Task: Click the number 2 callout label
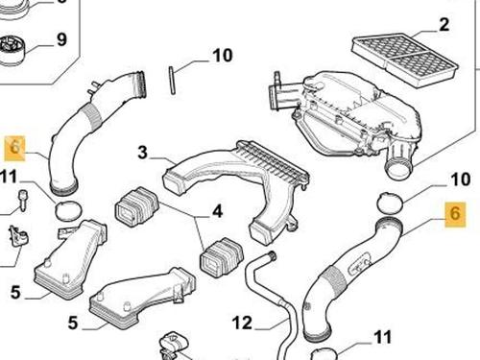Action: coord(444,25)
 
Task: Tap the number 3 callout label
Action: coord(143,153)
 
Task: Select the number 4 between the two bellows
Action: coord(217,211)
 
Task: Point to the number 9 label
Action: coord(61,39)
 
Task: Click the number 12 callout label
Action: coord(242,323)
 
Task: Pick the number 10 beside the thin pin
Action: coord(223,56)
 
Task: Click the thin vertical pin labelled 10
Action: coord(172,81)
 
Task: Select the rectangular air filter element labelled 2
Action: coord(404,60)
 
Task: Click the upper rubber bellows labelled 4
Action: coord(136,206)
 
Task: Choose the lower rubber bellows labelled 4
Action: coord(222,257)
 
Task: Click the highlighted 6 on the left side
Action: coord(14,148)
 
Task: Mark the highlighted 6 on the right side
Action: coord(455,214)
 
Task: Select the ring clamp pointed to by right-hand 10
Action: coord(390,204)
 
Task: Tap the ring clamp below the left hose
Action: coord(68,210)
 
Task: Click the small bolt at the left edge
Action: coord(23,200)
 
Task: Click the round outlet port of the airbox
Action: coord(399,169)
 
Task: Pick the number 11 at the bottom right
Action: coord(382,337)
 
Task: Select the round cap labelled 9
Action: coord(12,51)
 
